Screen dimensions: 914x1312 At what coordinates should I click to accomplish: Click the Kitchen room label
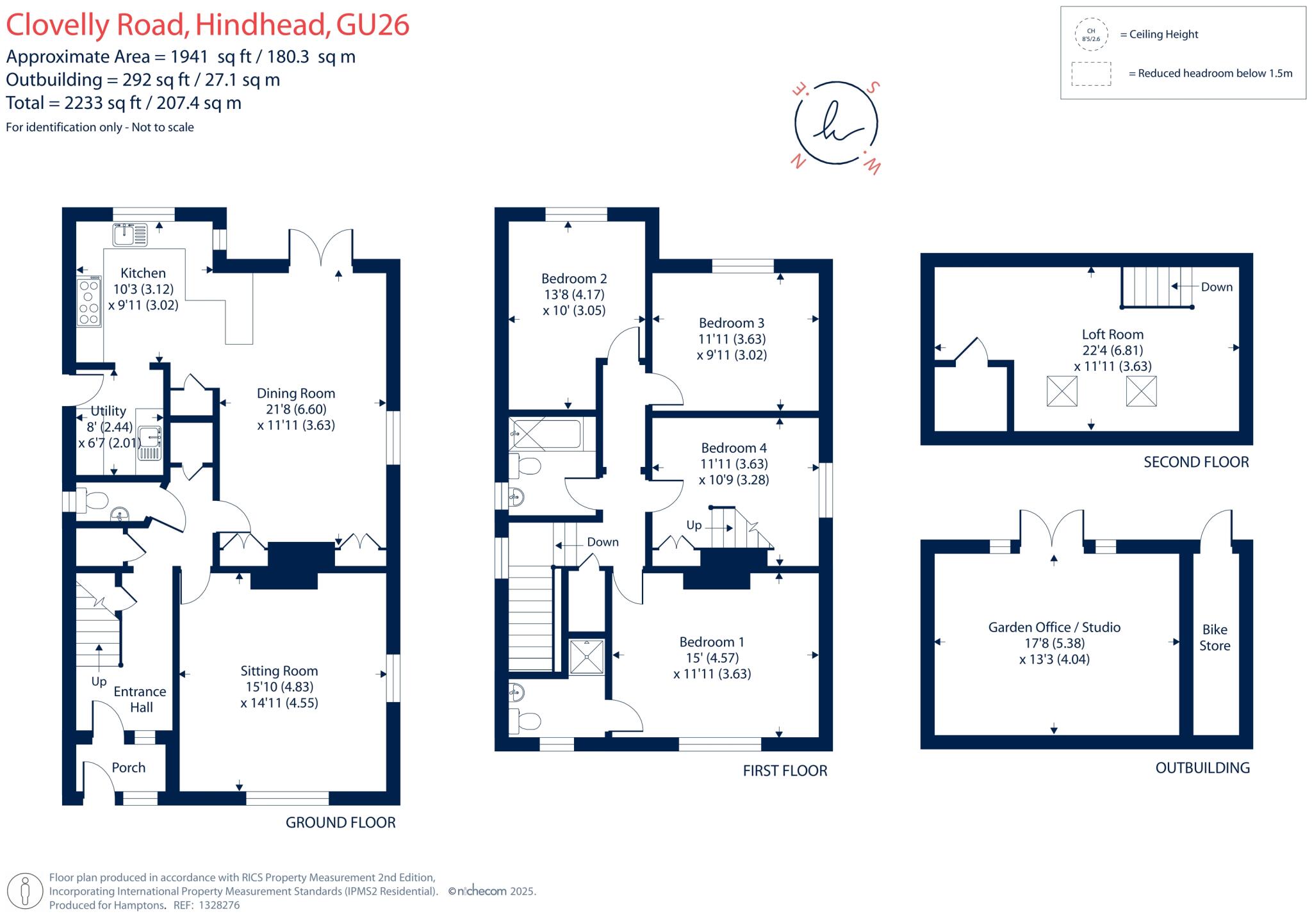[x=143, y=273]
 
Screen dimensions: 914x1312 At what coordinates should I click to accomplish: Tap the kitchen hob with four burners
[x=89, y=302]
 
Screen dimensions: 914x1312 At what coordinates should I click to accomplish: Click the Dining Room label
[x=295, y=394]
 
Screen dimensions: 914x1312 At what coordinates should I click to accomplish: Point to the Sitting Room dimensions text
[x=279, y=695]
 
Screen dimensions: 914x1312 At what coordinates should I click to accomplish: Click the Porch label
[x=128, y=767]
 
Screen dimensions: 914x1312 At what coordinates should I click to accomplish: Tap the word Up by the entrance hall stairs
[x=99, y=681]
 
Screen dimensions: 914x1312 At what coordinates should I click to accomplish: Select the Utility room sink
[x=150, y=437]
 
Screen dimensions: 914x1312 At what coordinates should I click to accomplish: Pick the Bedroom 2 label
[x=573, y=279]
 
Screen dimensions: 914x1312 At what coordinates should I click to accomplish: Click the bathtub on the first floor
[x=546, y=434]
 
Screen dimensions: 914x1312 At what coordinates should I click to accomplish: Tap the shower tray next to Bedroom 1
[x=586, y=657]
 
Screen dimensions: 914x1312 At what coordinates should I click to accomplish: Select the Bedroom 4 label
[x=734, y=448]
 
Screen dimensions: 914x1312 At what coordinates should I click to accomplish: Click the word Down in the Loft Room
[x=1216, y=287]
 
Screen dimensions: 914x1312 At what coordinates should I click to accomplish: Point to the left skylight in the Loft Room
[x=1062, y=391]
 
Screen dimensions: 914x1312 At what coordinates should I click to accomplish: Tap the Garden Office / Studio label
[x=1054, y=628]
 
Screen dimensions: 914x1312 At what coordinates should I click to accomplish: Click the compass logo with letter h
[x=836, y=124]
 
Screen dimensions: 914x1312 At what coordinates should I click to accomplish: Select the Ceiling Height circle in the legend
[x=1091, y=35]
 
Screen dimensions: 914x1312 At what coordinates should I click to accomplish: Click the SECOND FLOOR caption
[x=1195, y=462]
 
